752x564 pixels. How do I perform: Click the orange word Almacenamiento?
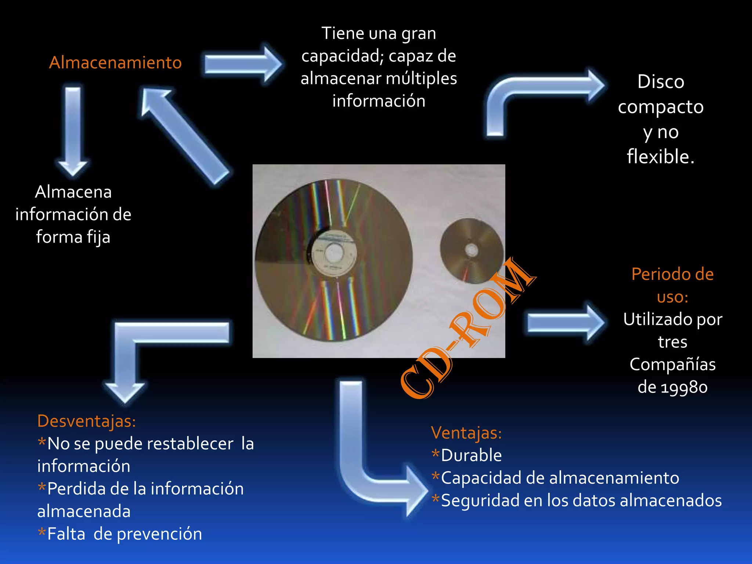(115, 62)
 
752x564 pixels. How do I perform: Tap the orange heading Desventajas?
(87, 421)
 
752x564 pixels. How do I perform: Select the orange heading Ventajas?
(466, 433)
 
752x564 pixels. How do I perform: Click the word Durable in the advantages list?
(471, 455)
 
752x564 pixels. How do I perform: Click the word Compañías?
(673, 364)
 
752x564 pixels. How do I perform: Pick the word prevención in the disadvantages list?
(159, 534)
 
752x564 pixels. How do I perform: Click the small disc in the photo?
(472, 250)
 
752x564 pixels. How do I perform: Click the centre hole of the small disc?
(471, 250)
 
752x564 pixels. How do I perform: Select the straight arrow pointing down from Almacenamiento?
(73, 130)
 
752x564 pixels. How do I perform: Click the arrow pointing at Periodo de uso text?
(565, 322)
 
